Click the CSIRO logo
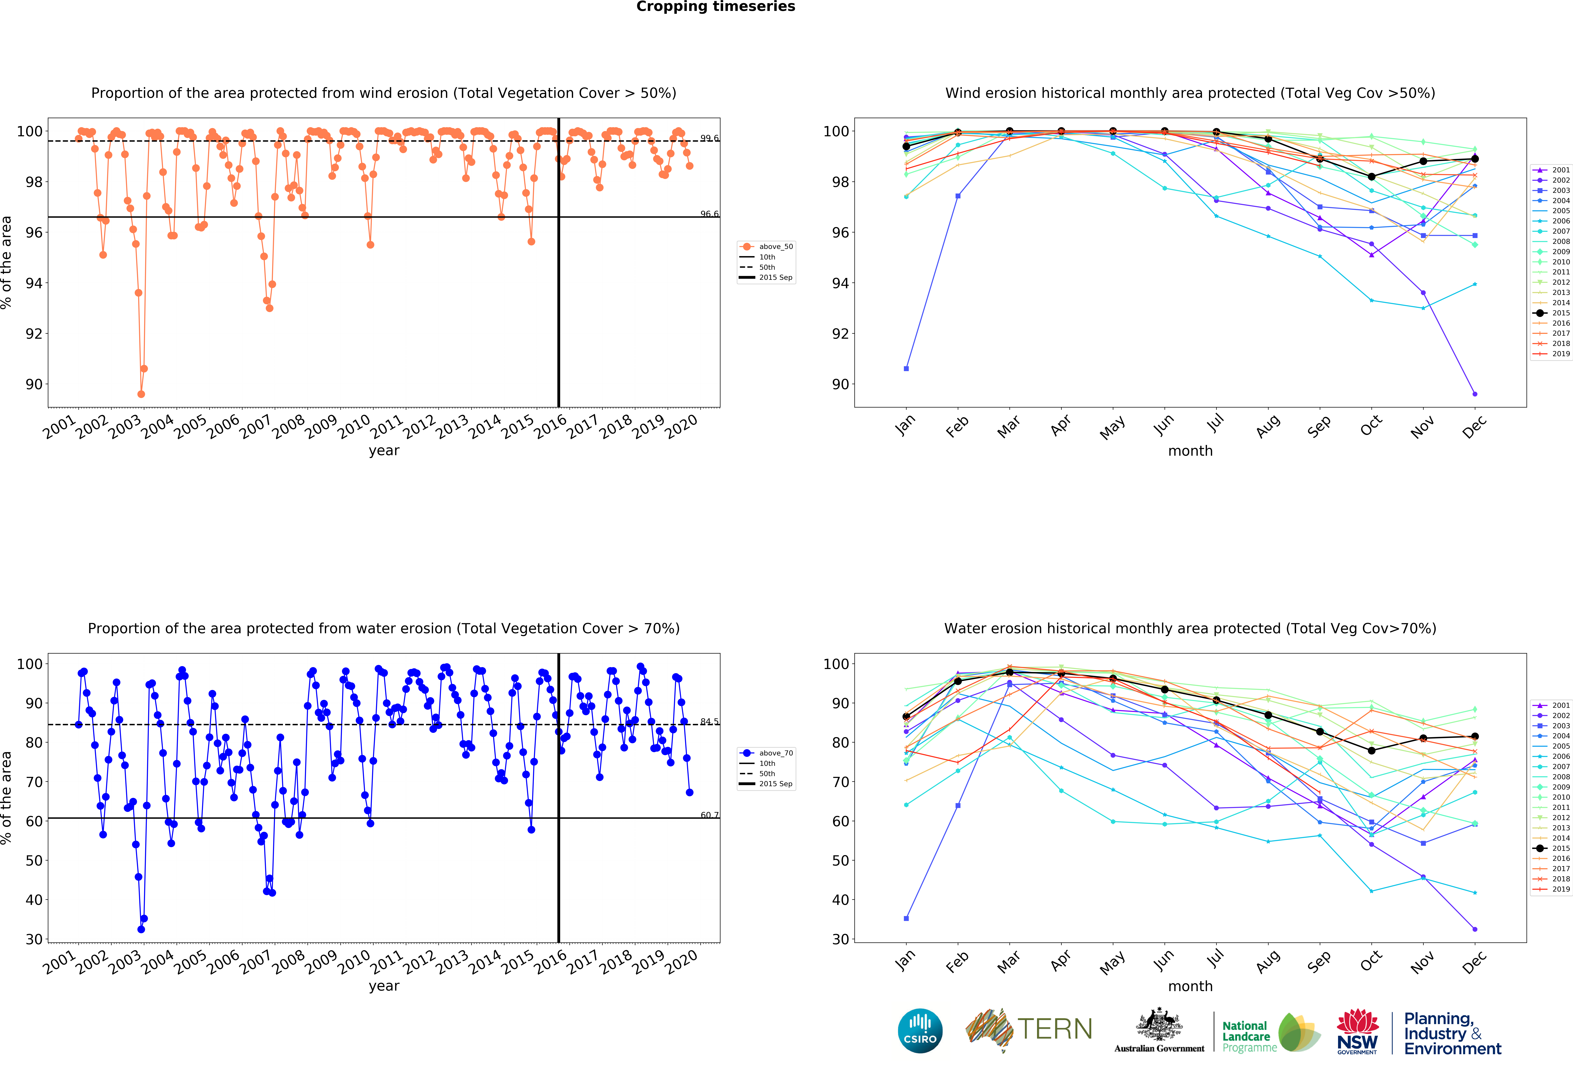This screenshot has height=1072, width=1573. [x=920, y=1031]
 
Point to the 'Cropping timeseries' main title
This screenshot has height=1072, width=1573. [x=715, y=7]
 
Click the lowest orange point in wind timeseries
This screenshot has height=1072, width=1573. [x=141, y=394]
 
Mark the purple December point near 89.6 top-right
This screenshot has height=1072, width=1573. [x=1475, y=394]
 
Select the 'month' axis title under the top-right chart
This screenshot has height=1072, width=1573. [x=1190, y=451]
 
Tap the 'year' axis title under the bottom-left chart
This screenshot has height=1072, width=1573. [x=384, y=985]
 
